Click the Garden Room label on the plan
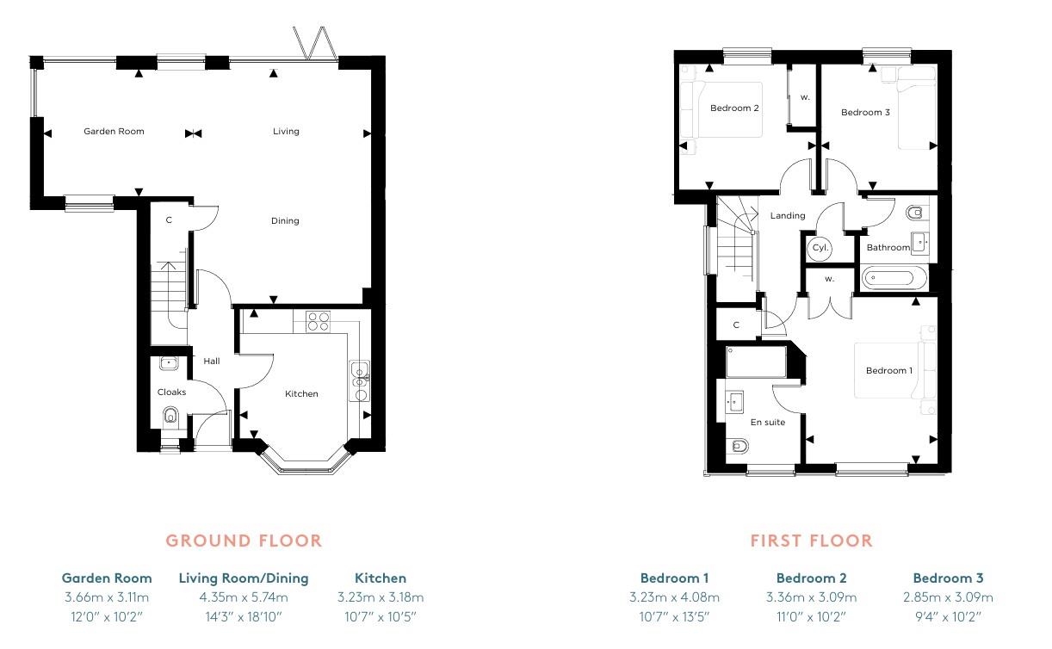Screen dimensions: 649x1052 (114, 132)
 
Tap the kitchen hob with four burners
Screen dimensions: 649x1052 (318, 320)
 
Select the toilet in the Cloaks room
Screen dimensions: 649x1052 (170, 419)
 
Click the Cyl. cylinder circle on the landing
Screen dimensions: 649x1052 (820, 248)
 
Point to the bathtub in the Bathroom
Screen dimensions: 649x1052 (894, 278)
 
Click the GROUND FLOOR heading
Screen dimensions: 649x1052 (244, 541)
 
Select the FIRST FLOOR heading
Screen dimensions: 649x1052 (811, 541)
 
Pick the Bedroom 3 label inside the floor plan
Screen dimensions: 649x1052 (865, 113)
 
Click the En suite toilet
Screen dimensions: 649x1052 (738, 446)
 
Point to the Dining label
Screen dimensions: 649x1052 (285, 221)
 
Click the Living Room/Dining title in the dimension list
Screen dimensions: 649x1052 (244, 578)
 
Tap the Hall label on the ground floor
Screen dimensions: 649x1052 (211, 362)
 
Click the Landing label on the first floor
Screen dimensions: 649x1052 (788, 216)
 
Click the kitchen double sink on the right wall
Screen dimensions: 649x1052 (359, 382)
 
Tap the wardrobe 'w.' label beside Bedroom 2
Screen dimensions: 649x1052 (805, 97)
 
